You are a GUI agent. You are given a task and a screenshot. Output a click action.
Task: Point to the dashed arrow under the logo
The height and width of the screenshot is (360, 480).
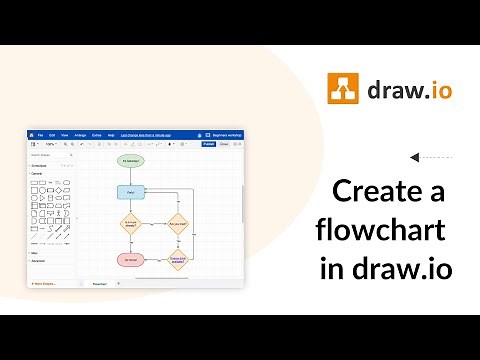click(x=432, y=157)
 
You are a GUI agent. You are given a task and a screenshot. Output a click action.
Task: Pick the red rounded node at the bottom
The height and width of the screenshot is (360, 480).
click(x=130, y=260)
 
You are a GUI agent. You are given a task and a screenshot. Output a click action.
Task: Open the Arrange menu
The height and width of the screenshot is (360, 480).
click(x=81, y=134)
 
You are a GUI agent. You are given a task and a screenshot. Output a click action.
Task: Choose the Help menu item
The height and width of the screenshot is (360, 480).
click(x=110, y=134)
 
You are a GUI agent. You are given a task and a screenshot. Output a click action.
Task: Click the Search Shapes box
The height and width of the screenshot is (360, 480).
click(x=51, y=155)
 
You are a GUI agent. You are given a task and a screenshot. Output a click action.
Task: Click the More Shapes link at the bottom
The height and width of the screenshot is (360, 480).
click(x=44, y=284)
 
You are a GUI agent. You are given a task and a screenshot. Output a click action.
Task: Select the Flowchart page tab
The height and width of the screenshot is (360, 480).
click(x=99, y=284)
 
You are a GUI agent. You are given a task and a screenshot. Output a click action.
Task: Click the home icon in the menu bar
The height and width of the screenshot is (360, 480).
click(x=32, y=134)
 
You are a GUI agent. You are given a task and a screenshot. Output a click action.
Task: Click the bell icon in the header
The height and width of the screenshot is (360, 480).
click(x=207, y=134)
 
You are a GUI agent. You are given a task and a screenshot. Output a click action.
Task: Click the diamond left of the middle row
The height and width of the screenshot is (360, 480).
click(x=131, y=224)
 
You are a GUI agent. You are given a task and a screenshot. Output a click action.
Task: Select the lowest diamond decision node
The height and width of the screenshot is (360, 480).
click(x=178, y=260)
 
